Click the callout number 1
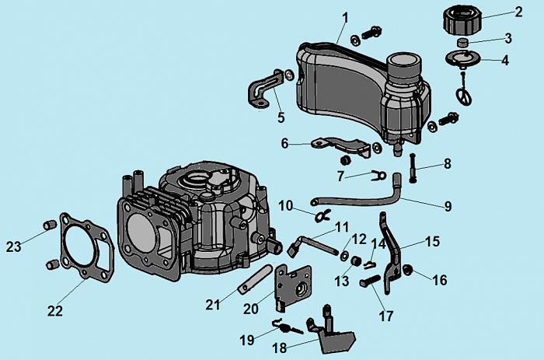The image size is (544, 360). tap(344, 16)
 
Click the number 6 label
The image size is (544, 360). tap(284, 143)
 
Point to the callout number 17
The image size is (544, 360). tap(386, 316)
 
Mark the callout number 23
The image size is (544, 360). tap(14, 246)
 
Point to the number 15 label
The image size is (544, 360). tap(431, 242)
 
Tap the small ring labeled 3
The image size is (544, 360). tap(462, 42)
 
